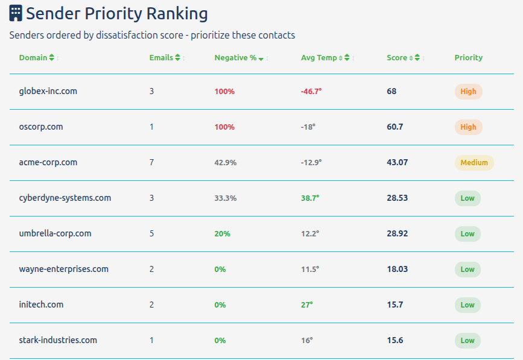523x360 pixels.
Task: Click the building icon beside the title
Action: tap(16, 13)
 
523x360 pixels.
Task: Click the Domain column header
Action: tap(33, 58)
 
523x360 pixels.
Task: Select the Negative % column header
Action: tap(235, 58)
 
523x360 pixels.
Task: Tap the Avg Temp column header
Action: tap(319, 58)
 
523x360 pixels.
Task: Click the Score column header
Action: tap(397, 58)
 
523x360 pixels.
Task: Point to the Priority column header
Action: tap(468, 58)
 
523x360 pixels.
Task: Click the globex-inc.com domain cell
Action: tap(48, 91)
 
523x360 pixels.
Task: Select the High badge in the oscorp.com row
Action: tap(468, 127)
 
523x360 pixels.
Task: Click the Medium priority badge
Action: tap(474, 163)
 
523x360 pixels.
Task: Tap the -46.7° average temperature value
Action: tap(311, 92)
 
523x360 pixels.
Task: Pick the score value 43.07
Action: tap(397, 163)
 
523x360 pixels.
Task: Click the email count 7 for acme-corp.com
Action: tap(151, 163)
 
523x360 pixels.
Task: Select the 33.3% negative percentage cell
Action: tap(226, 198)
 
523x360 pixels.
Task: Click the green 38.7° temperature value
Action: tap(310, 198)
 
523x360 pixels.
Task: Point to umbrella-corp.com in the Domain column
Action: tap(55, 233)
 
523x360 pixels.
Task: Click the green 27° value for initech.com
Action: tap(307, 305)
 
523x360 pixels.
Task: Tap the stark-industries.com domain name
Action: tap(58, 340)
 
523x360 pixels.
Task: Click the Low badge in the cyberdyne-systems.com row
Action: tap(468, 198)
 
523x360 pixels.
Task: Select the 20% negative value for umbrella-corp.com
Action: tap(222, 234)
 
